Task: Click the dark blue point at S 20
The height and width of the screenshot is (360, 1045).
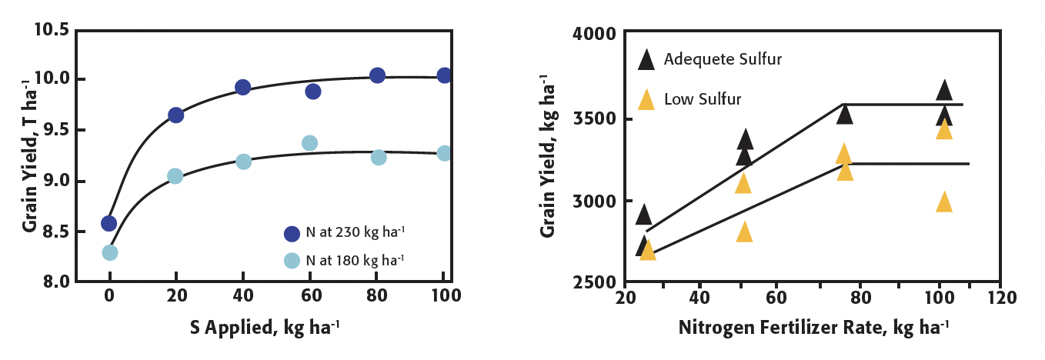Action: [175, 115]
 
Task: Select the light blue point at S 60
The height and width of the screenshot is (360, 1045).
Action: [309, 143]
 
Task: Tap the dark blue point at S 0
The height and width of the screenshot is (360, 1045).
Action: [109, 223]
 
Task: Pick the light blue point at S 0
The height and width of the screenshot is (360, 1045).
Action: [109, 252]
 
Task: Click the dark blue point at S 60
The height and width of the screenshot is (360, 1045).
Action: [312, 92]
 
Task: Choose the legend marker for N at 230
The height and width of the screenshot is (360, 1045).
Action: [292, 233]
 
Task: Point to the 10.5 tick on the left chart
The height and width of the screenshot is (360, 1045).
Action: [51, 31]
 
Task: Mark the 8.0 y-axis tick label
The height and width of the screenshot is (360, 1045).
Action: [55, 282]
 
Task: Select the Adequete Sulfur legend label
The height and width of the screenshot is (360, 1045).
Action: [723, 59]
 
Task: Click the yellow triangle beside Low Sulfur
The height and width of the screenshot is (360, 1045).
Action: [647, 100]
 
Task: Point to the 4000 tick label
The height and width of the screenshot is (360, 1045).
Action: [593, 35]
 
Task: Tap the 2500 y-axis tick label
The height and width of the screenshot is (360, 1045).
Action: [593, 282]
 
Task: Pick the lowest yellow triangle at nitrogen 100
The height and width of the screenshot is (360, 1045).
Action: [944, 202]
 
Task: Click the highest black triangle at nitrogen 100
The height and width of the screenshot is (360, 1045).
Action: [944, 90]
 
